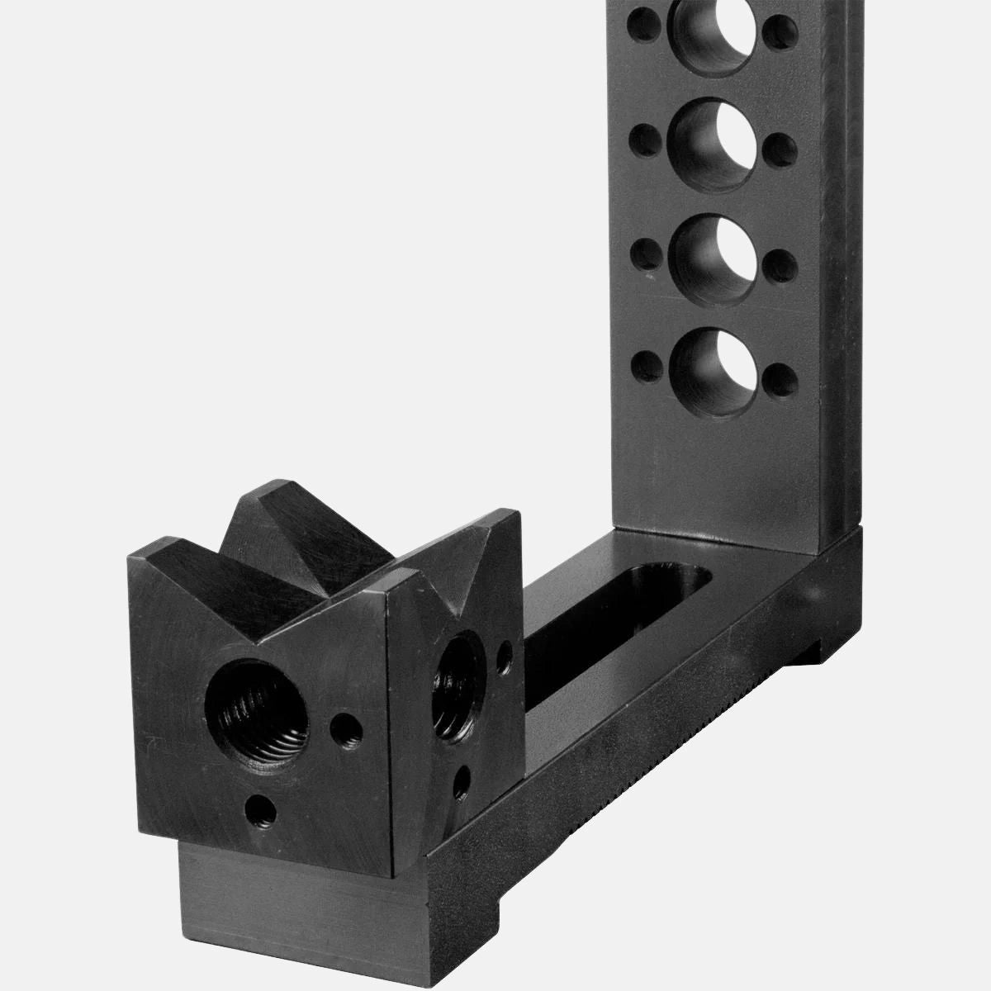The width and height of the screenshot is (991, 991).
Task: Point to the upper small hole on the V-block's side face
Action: coord(505,658)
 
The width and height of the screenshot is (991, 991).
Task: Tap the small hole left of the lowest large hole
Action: coord(646,362)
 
